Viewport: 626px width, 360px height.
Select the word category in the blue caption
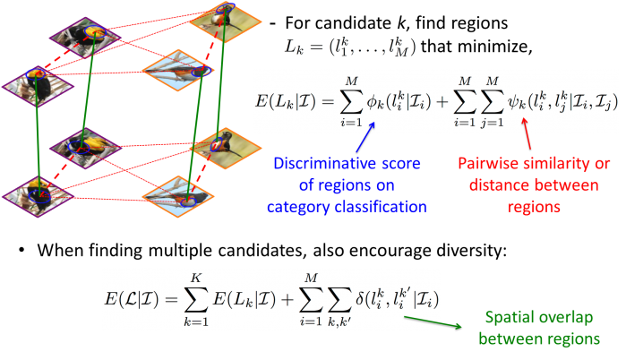pos(307,207)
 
